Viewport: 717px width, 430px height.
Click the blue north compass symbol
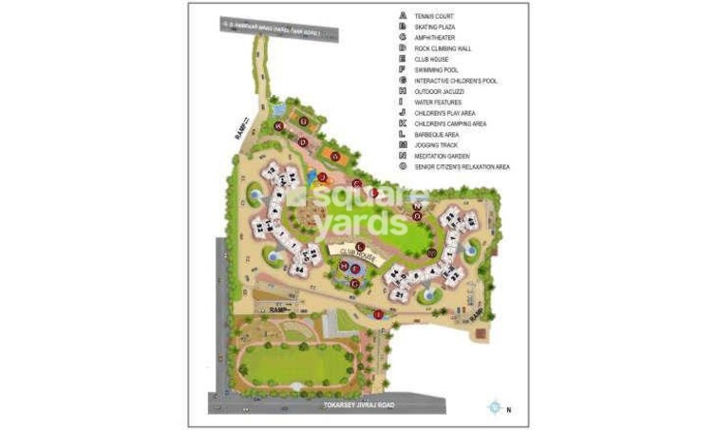(x=494, y=407)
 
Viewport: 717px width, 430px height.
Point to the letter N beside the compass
(x=508, y=409)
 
